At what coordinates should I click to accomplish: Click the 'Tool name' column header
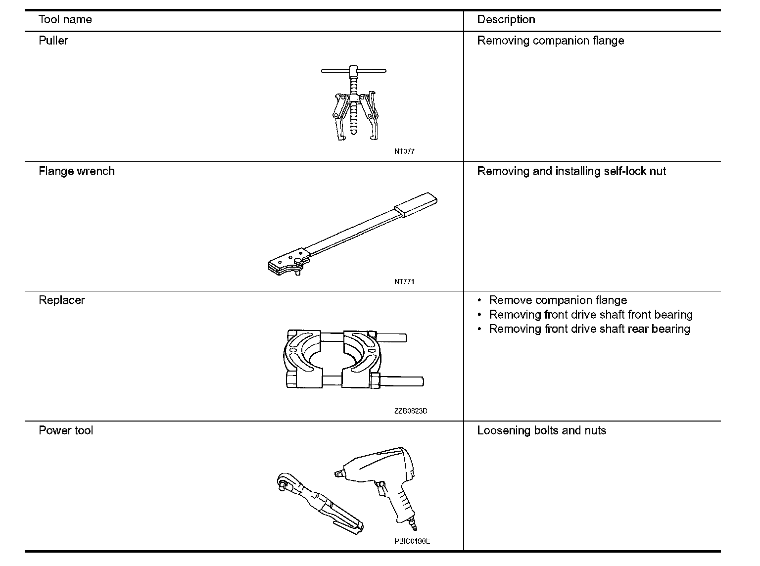click(65, 20)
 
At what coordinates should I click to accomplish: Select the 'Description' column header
click(506, 20)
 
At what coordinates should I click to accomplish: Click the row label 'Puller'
click(53, 41)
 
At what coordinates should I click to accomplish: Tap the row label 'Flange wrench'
click(76, 171)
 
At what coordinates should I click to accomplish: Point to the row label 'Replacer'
click(61, 300)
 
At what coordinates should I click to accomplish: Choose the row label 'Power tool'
click(66, 430)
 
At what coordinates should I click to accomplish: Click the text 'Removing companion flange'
click(550, 41)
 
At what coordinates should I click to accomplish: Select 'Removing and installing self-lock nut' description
click(571, 171)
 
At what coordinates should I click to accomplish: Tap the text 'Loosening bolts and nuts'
click(541, 430)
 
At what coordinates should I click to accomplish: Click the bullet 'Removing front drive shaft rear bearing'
click(589, 329)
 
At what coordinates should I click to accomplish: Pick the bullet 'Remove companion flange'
click(558, 300)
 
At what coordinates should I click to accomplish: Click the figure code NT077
click(404, 151)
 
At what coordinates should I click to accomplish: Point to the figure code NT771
click(404, 282)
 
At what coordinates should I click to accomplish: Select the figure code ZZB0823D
click(411, 411)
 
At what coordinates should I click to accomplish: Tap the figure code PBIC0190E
click(412, 541)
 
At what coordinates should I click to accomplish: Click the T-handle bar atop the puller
click(354, 71)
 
